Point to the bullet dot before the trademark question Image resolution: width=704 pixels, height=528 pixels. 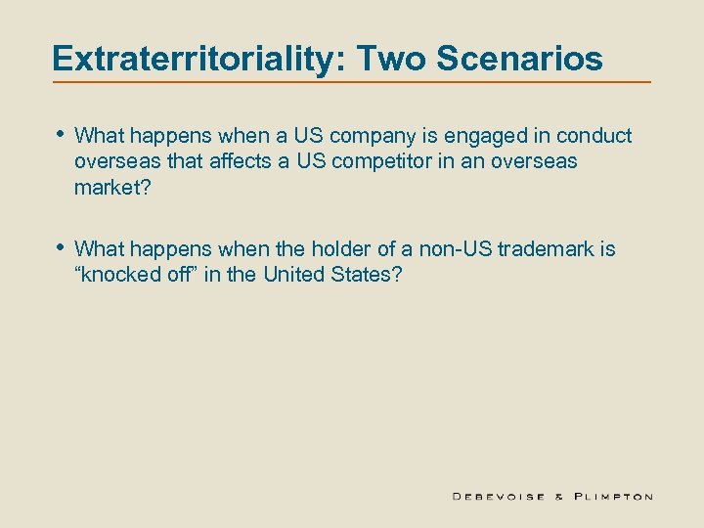point(61,248)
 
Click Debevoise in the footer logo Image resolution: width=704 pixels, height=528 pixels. point(498,496)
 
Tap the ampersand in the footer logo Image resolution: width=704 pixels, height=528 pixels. point(560,496)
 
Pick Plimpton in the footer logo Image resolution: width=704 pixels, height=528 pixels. point(612,496)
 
